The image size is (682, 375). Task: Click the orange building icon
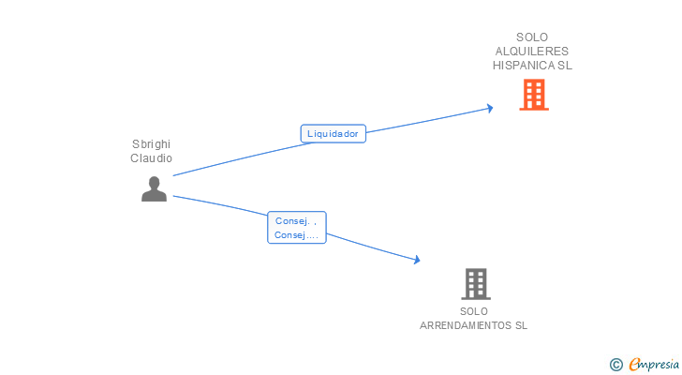click(534, 95)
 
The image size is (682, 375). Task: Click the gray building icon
click(476, 283)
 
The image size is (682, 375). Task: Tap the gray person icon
click(154, 189)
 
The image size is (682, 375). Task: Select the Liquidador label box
click(333, 133)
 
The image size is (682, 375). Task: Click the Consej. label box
click(296, 228)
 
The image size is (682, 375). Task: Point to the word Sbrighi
click(152, 144)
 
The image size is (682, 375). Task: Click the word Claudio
click(152, 158)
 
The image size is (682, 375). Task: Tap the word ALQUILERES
click(532, 52)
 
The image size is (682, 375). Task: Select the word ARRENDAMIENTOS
click(467, 325)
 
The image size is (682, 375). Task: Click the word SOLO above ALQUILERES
click(532, 37)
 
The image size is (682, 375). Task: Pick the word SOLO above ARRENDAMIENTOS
click(474, 311)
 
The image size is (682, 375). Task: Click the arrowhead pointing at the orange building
click(488, 109)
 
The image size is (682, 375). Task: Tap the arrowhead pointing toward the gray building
click(415, 260)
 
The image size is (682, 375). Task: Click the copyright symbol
click(615, 365)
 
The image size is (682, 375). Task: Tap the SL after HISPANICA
click(565, 66)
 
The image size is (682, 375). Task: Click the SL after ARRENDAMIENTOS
click(521, 325)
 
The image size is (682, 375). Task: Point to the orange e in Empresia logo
click(635, 365)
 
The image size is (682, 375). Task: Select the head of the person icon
click(154, 182)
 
